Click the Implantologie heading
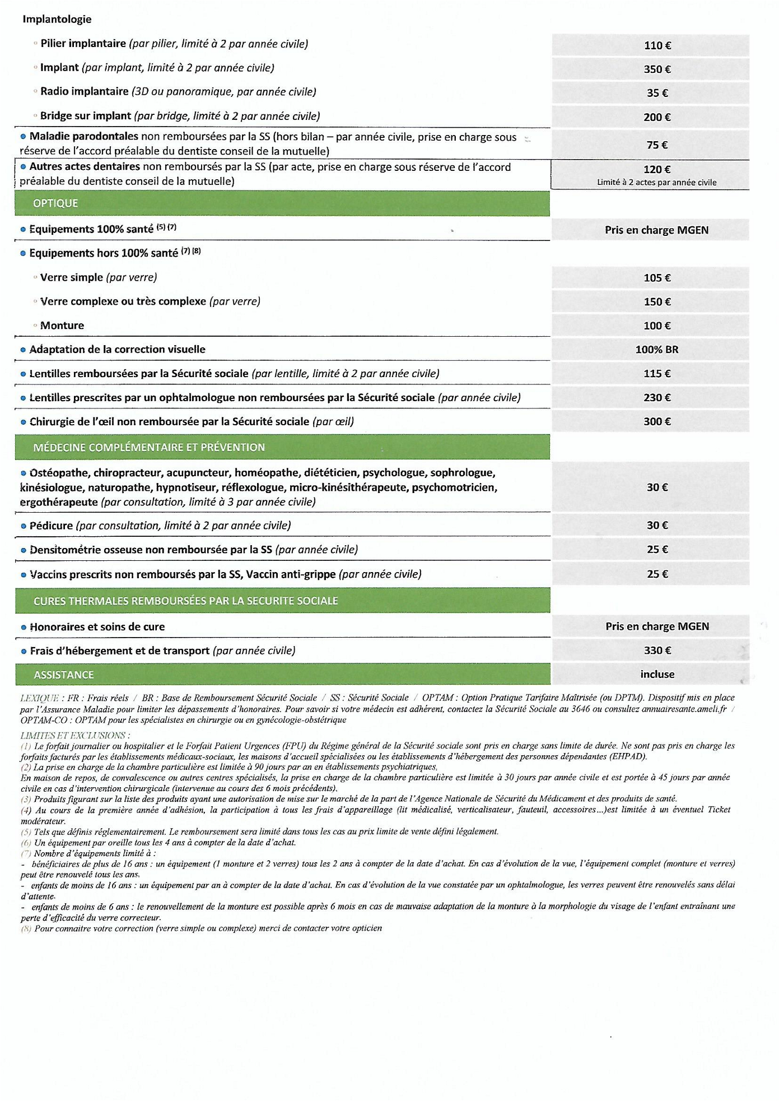pos(57,19)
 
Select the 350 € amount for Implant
pos(657,69)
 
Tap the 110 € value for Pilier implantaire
pos(657,45)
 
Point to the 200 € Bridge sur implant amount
pos(657,117)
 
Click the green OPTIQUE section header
pos(55,203)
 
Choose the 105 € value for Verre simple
pos(657,278)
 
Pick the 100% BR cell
pos(656,350)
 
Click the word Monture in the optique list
pos(62,326)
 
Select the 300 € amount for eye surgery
pos(657,421)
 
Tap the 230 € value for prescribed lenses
pos(657,398)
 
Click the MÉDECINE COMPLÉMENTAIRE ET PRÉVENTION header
pos(149,447)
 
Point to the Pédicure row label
pos(51,526)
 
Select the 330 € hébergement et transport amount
pos(657,651)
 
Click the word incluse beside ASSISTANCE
pos(657,675)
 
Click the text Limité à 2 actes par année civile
pos(656,183)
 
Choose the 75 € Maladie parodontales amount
pos(657,145)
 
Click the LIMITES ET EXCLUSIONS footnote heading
pos(75,735)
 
